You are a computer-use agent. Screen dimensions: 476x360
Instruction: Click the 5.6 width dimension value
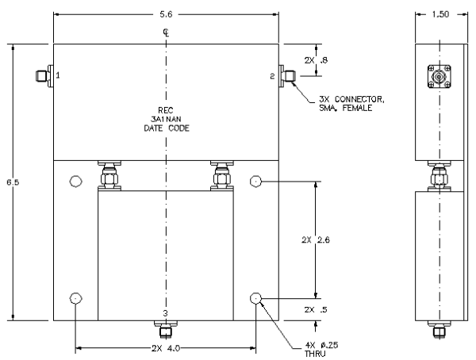pyautogui.click(x=166, y=14)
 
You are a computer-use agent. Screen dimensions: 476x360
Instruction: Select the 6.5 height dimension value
pyautogui.click(x=13, y=182)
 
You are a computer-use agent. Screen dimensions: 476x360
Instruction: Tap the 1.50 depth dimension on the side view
pyautogui.click(x=440, y=14)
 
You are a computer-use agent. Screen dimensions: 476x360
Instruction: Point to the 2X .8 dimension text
pyautogui.click(x=316, y=60)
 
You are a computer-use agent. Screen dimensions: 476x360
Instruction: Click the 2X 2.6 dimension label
pyautogui.click(x=316, y=239)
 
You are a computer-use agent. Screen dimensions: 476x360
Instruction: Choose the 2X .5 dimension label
pyautogui.click(x=316, y=309)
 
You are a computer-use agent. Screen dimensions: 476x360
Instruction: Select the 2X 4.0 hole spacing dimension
pyautogui.click(x=166, y=348)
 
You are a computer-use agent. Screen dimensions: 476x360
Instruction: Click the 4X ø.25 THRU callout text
pyautogui.click(x=321, y=350)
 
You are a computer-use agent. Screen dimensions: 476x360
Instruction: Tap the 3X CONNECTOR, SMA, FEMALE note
pyautogui.click(x=351, y=104)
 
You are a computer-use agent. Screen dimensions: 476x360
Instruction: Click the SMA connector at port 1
pyautogui.click(x=44, y=75)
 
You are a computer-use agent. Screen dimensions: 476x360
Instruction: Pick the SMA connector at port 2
pyautogui.click(x=287, y=75)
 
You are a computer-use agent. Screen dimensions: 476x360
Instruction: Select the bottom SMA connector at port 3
pyautogui.click(x=166, y=329)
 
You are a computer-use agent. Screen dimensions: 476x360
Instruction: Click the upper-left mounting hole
pyautogui.click(x=75, y=182)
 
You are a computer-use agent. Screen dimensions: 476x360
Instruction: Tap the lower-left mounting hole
pyautogui.click(x=75, y=298)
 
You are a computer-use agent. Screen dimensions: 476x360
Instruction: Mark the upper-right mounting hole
pyautogui.click(x=256, y=182)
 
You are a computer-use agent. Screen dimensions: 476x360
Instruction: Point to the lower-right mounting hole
pyautogui.click(x=256, y=298)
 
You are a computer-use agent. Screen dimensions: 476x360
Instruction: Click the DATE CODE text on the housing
pyautogui.click(x=167, y=128)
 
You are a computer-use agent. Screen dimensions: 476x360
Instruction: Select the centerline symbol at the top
pyautogui.click(x=166, y=33)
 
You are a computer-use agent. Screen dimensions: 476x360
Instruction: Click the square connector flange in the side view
pyautogui.click(x=440, y=76)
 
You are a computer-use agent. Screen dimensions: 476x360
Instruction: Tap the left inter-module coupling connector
pyautogui.click(x=109, y=176)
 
